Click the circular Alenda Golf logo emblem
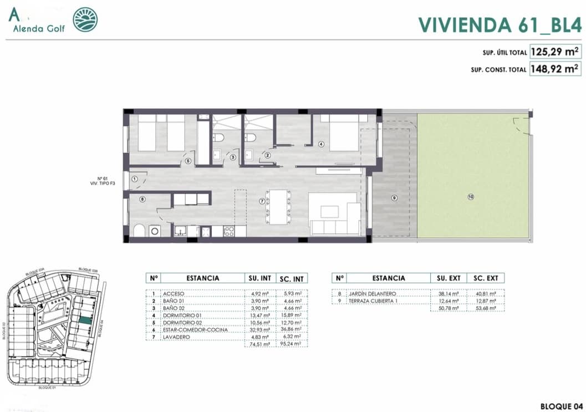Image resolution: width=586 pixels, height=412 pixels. pos(85,20)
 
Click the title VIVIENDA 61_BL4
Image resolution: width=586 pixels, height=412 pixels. pos(498,25)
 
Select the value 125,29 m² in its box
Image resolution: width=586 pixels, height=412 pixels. pos(555,53)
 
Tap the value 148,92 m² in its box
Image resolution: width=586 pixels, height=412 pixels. pos(555,69)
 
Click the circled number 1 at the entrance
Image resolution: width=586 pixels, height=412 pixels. pos(134,179)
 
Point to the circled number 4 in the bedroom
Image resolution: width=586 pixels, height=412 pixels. pos(321,144)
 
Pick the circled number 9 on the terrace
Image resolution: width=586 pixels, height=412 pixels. pos(394,198)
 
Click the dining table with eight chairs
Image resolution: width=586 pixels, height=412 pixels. pos(278,206)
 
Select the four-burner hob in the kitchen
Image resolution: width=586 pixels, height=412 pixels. pos(228,231)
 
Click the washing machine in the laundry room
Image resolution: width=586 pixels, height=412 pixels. pos(155,231)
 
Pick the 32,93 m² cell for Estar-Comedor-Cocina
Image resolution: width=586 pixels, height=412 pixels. pos(259,329)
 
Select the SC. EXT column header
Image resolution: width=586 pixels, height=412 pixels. pos(486,278)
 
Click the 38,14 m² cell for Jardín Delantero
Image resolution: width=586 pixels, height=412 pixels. pos(449,294)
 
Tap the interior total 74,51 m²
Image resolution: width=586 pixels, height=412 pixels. pos(259,344)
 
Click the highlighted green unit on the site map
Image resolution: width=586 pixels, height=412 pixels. pos(84,319)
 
